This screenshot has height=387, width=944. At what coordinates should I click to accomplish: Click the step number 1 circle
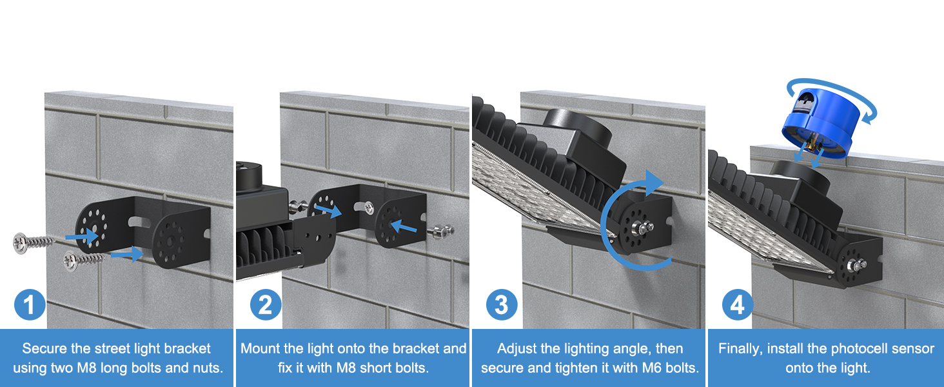click(30, 304)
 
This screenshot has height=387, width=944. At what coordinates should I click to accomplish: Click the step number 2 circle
click(265, 304)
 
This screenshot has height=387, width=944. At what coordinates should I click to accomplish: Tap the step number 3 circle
click(501, 304)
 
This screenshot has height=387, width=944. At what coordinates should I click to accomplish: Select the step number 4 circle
click(737, 304)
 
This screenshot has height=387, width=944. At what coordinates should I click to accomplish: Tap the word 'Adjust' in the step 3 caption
click(517, 348)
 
